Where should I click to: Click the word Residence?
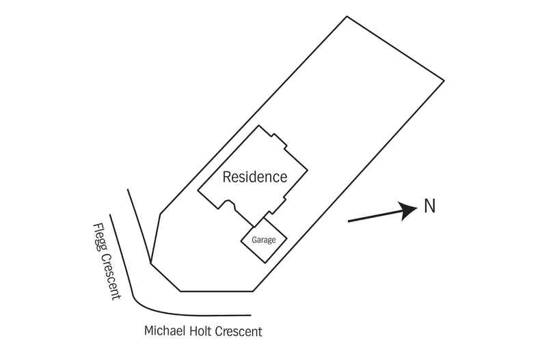pyautogui.click(x=255, y=178)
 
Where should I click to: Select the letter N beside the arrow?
pyautogui.click(x=429, y=206)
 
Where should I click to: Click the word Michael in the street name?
pyautogui.click(x=164, y=331)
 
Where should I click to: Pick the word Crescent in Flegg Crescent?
pyautogui.click(x=111, y=273)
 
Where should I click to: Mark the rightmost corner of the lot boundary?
pyautogui.click(x=444, y=81)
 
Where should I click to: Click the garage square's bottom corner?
pyautogui.click(x=260, y=263)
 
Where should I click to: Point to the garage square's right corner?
pyautogui.click(x=285, y=237)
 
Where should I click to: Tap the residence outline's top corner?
pyautogui.click(x=258, y=126)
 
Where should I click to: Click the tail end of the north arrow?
pyautogui.click(x=349, y=221)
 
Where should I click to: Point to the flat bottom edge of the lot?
pyautogui.click(x=215, y=291)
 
